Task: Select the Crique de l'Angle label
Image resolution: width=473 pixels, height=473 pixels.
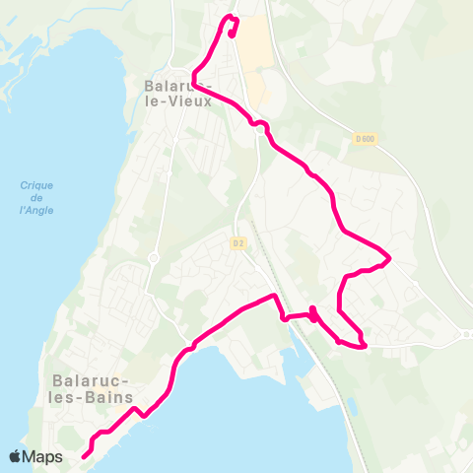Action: click(x=35, y=197)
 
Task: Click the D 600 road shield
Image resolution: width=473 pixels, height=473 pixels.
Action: click(x=365, y=139)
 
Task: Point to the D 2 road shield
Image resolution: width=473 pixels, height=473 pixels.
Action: click(x=237, y=242)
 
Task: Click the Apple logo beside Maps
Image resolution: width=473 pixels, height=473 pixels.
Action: click(x=16, y=456)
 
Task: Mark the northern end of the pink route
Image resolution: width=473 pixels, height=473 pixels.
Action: click(x=232, y=34)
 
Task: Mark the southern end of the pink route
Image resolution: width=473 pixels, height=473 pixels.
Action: click(x=84, y=455)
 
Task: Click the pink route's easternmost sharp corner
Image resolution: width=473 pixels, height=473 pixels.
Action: click(x=390, y=259)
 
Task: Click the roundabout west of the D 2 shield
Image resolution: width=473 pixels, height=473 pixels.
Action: click(x=154, y=257)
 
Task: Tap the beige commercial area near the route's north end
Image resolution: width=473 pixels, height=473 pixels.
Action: click(x=253, y=59)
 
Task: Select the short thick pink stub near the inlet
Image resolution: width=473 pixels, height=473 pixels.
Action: click(x=312, y=314)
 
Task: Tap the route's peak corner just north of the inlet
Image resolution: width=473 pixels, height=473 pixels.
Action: click(x=273, y=296)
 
